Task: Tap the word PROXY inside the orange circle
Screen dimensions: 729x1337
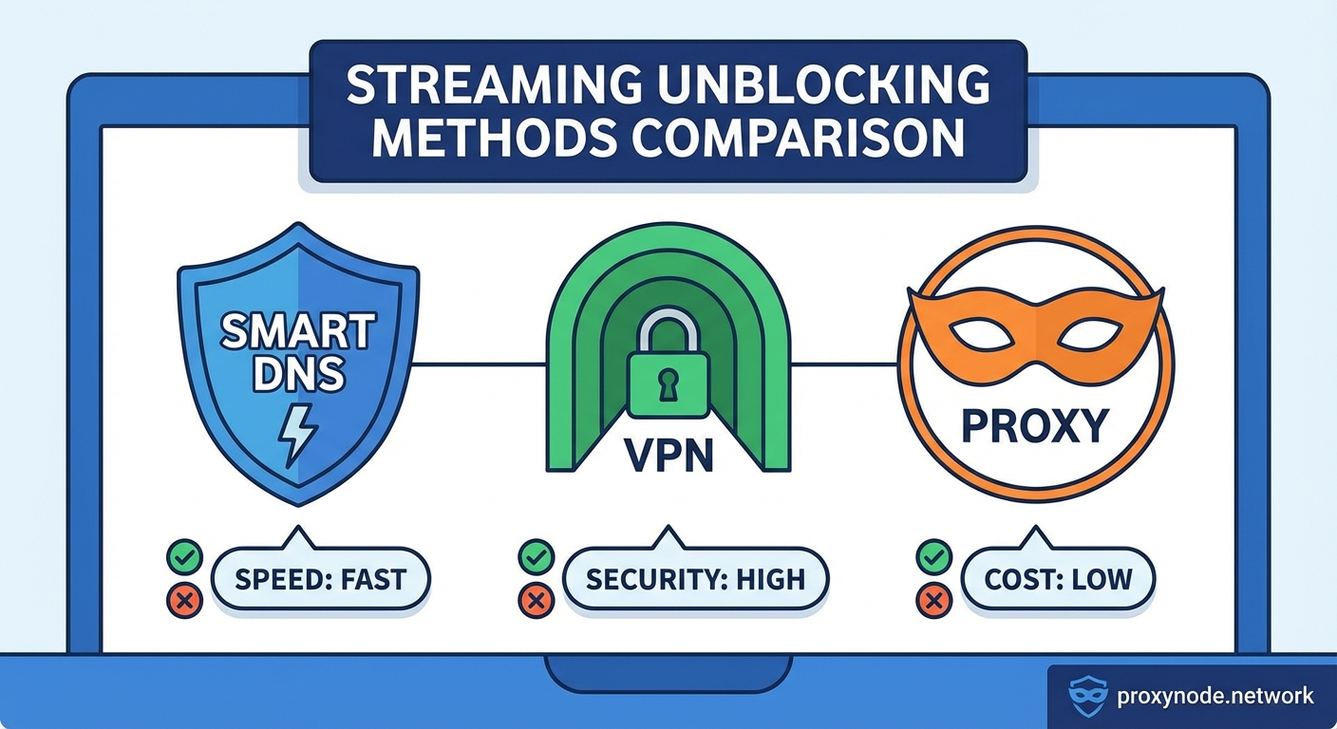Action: pos(1035,426)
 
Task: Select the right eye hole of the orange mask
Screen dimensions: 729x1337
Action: pos(1090,334)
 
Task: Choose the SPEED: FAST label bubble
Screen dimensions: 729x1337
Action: pos(320,578)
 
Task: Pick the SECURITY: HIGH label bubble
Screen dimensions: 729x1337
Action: pos(695,578)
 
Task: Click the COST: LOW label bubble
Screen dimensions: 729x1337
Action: pos(1058,578)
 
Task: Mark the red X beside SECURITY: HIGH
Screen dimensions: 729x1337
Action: pos(535,599)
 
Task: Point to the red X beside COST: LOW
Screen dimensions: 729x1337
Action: pos(932,599)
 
